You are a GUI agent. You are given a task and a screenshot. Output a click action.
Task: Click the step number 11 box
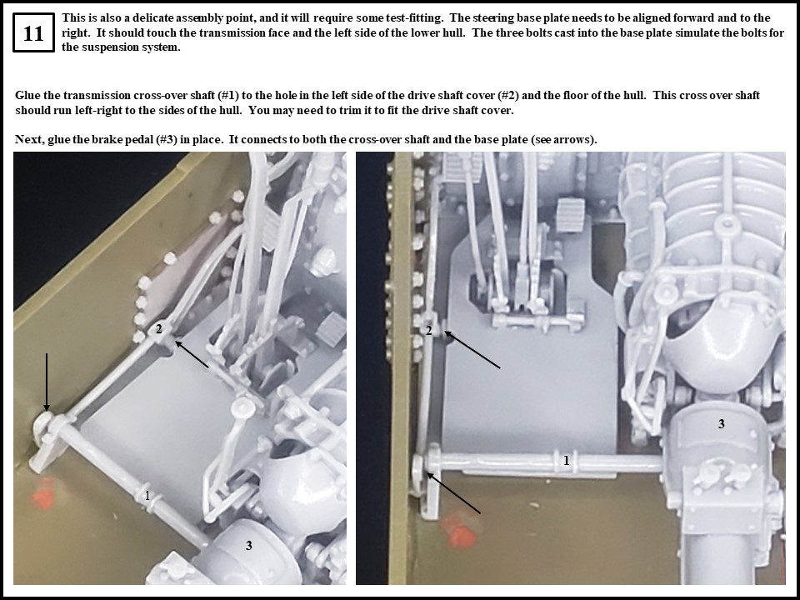point(33,34)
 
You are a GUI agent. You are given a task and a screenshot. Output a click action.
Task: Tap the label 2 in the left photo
point(158,329)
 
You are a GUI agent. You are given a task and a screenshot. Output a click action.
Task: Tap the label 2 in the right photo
point(429,330)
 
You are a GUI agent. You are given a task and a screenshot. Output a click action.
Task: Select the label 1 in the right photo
point(567,460)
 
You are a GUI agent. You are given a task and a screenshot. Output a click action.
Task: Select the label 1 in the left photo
point(147,496)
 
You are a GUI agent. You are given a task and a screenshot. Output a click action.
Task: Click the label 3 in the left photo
point(248,545)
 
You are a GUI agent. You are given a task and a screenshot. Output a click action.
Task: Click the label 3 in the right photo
point(722,423)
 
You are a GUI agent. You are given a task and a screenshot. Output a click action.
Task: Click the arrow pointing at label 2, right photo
point(472,350)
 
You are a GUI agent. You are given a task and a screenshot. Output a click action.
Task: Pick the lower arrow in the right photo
point(453,492)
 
